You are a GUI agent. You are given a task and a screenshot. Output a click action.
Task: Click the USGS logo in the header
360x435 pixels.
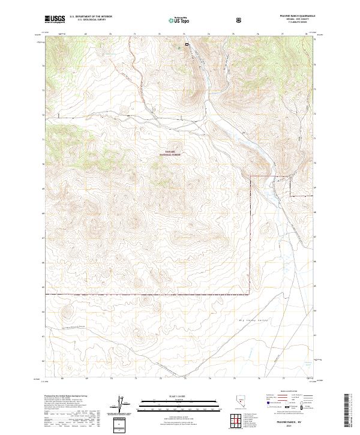[55, 19]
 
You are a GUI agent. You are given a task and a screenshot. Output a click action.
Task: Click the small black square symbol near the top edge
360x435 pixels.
[187, 44]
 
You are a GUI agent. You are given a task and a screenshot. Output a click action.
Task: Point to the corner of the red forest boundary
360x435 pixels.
[250, 294]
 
